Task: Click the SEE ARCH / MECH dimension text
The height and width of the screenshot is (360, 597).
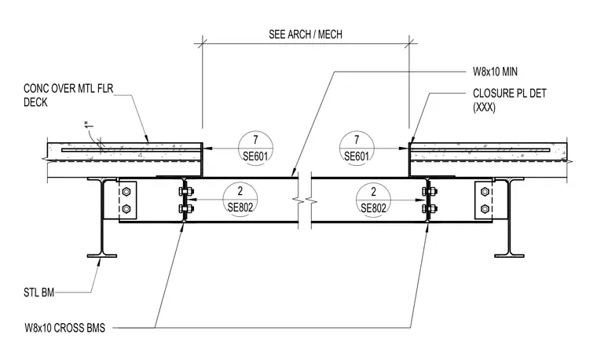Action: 306,35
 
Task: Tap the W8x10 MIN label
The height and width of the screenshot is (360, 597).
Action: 495,72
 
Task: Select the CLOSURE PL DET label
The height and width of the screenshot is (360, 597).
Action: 510,94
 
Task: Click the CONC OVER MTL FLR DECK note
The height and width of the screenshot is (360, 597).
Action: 68,95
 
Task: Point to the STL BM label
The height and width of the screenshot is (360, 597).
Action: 38,292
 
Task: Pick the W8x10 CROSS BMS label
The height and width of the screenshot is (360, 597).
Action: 64,328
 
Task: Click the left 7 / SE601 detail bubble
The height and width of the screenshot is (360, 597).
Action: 256,149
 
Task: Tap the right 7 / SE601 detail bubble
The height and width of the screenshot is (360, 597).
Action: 357,149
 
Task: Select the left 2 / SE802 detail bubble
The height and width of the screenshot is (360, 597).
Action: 240,199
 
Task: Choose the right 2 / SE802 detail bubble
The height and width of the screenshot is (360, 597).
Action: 373,199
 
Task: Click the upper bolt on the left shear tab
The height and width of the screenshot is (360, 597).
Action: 126,192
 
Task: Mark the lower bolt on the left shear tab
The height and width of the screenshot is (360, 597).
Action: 126,208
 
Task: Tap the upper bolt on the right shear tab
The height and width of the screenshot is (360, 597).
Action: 485,192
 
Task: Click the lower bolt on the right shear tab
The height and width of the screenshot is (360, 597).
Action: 485,208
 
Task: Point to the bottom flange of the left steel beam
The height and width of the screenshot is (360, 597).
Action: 101,255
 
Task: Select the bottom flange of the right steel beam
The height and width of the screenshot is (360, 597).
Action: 509,255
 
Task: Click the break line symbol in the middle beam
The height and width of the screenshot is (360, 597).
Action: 305,200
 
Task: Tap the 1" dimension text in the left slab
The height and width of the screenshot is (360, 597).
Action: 87,124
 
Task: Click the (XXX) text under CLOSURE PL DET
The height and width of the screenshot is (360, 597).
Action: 485,108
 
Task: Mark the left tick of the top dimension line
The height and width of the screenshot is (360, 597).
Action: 202,43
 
